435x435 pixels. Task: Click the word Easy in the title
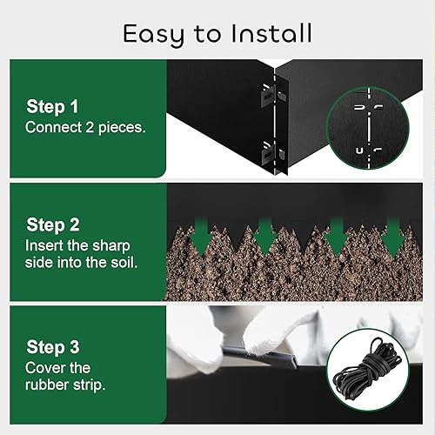pos(154,34)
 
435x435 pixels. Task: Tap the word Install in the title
pos(271,34)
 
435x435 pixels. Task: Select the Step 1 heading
pos(52,106)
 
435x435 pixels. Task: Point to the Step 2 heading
pos(52,224)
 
